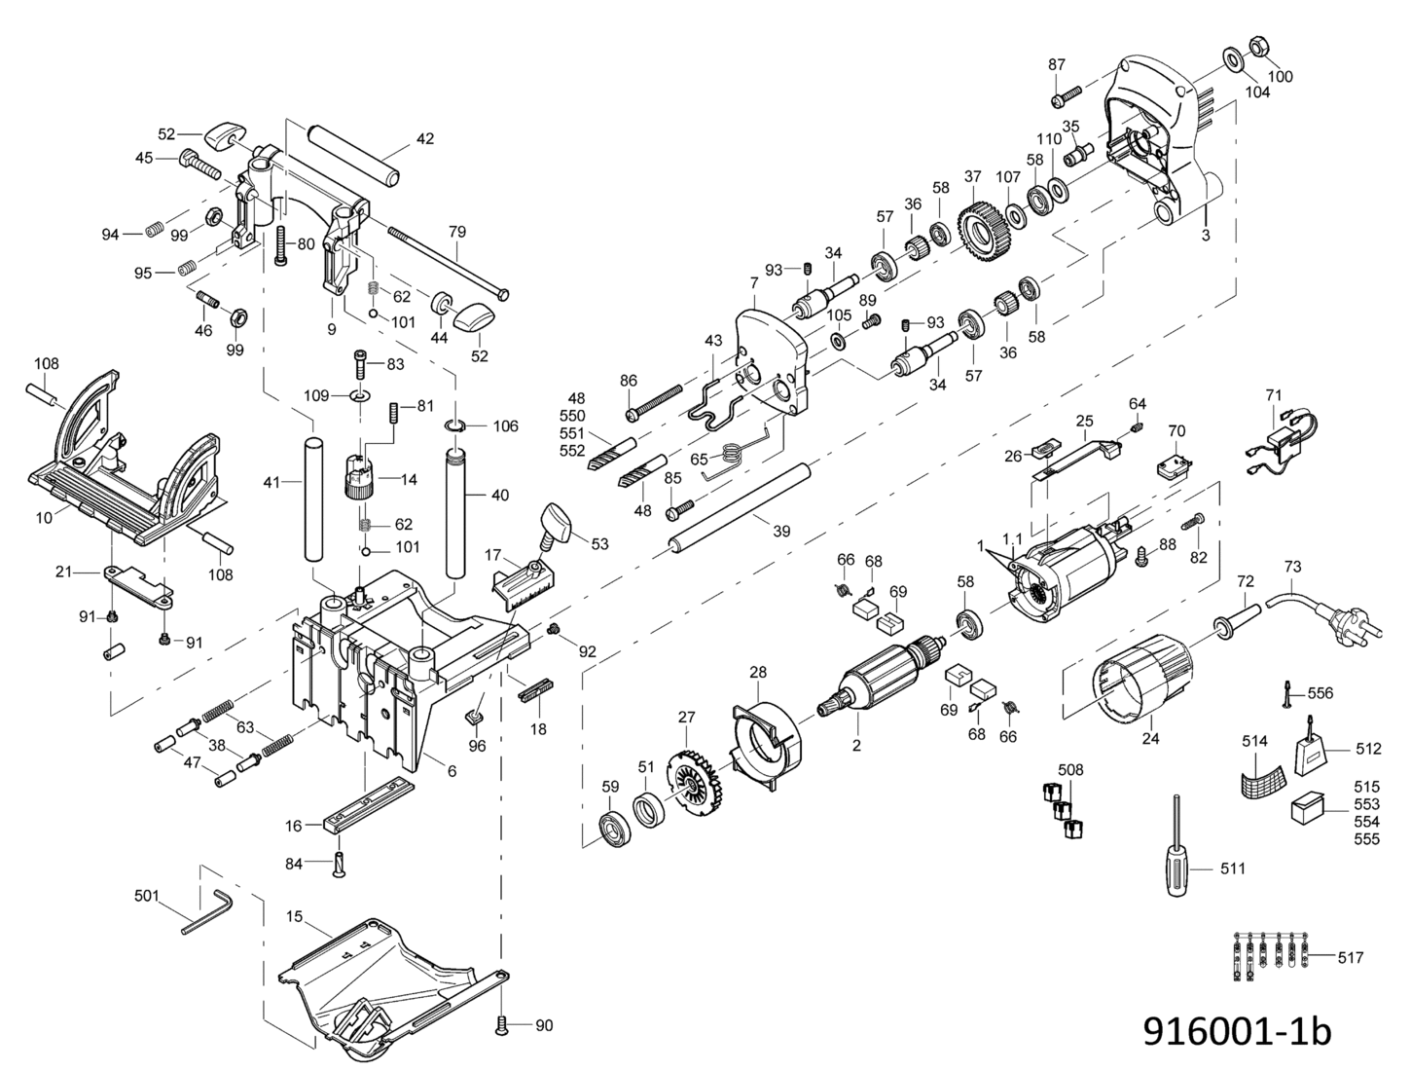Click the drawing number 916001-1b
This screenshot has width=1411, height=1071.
coord(1238,1032)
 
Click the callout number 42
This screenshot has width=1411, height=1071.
coord(425,138)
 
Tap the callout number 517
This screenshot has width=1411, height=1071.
coord(1350,976)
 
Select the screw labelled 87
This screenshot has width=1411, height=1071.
coord(1067,97)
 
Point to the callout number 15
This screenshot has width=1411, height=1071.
coord(295,916)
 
